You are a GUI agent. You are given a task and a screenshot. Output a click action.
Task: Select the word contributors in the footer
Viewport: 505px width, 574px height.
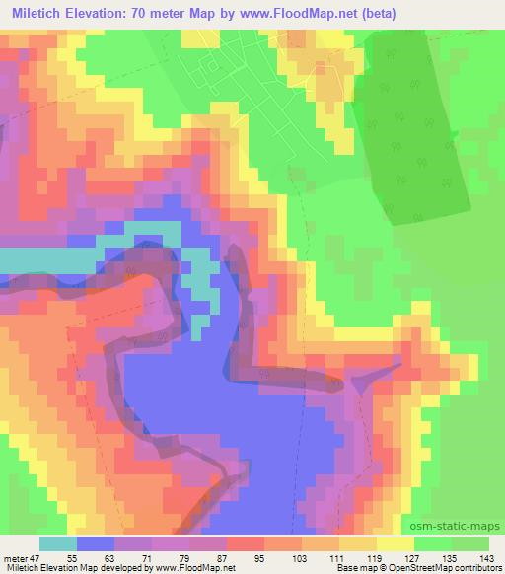[x=475, y=568]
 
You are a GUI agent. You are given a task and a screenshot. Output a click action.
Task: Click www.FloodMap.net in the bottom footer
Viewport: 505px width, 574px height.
[x=194, y=568]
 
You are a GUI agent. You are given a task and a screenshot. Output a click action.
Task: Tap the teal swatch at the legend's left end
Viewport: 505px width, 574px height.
[x=58, y=543]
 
